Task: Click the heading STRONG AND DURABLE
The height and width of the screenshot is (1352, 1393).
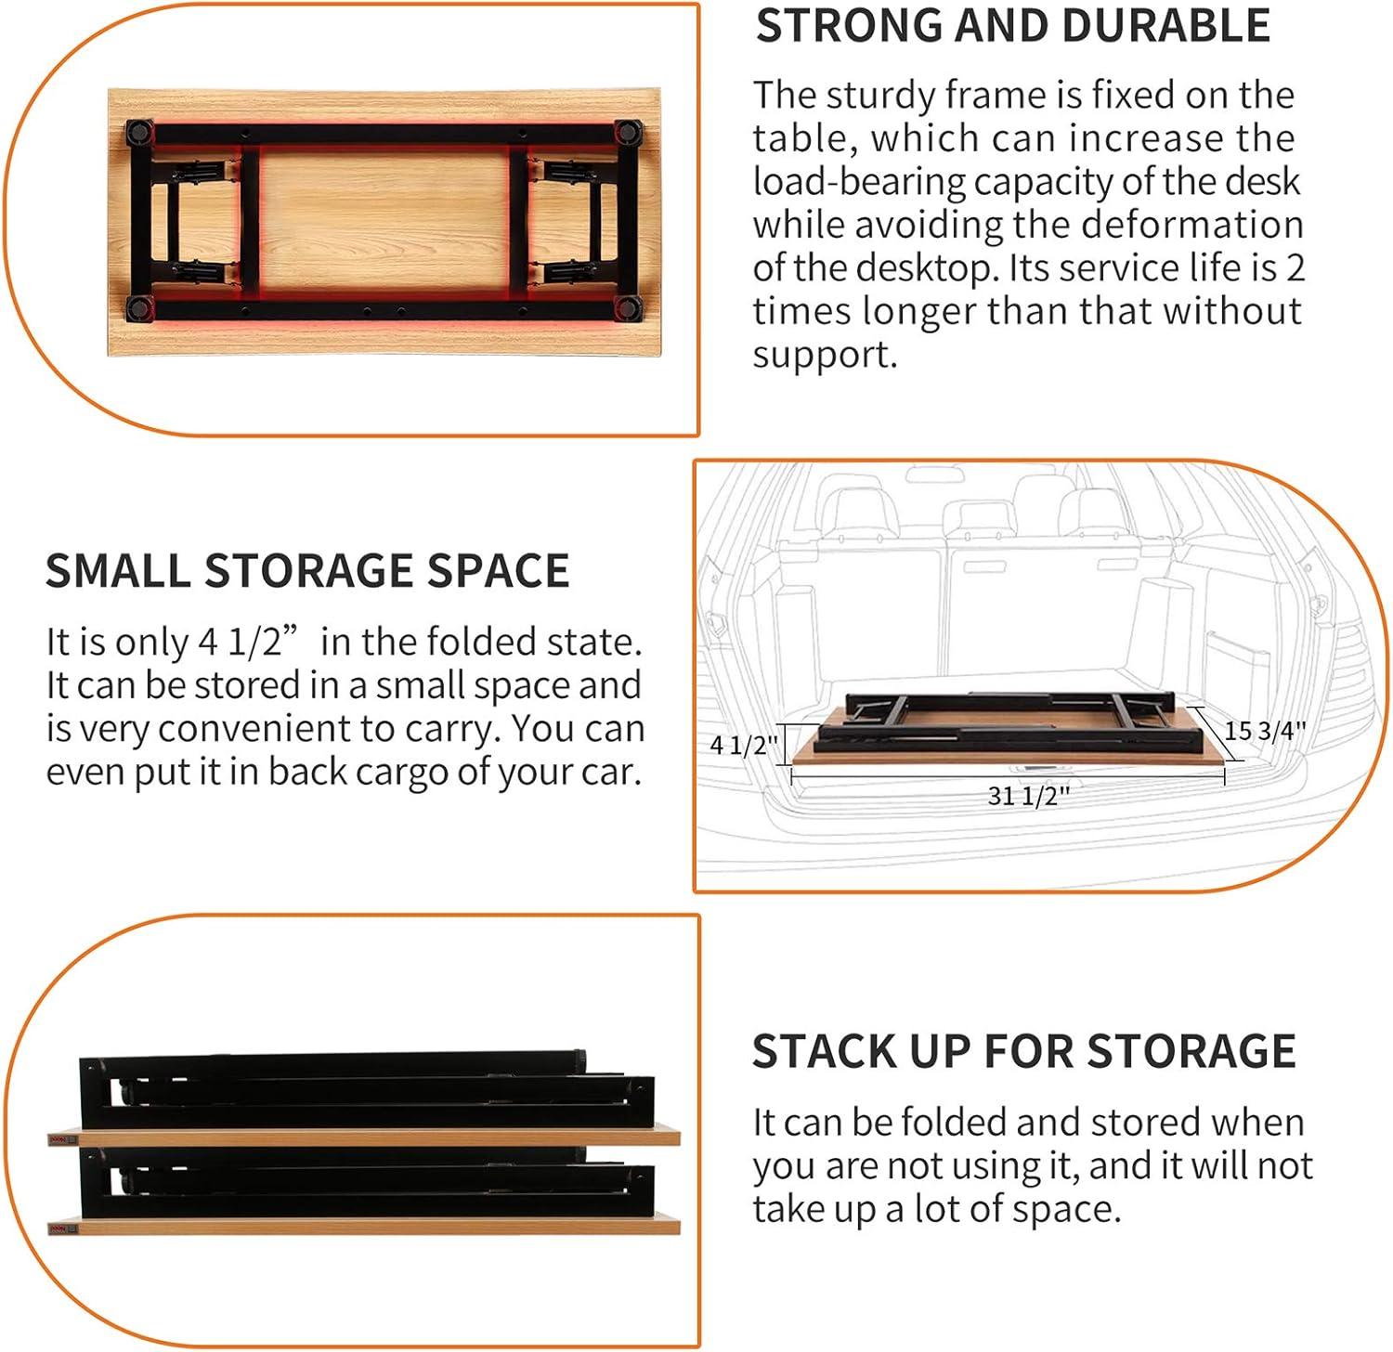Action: tap(1012, 26)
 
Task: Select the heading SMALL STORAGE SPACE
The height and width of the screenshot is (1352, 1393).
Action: tap(307, 570)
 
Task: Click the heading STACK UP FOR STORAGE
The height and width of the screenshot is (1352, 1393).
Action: tap(1023, 1051)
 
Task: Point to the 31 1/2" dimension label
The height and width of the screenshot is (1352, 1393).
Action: tap(1028, 796)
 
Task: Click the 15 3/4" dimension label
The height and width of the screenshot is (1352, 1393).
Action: tap(1265, 731)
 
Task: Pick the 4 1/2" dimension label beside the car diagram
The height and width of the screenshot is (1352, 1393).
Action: tap(744, 745)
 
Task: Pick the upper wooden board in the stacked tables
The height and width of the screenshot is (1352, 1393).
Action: tap(363, 1137)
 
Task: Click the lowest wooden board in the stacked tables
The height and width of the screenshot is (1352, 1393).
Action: tap(363, 1227)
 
